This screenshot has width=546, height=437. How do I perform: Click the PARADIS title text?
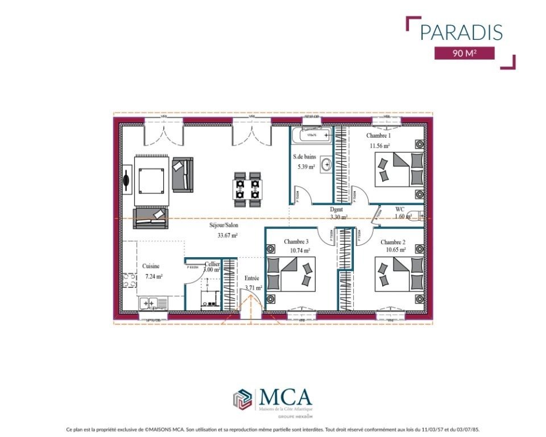coord(461,32)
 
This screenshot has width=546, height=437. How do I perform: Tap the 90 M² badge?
coord(464,53)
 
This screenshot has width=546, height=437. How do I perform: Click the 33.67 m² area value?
coord(227,235)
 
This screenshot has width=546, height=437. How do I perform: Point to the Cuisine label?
coord(151,266)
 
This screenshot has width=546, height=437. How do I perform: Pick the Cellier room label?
coord(212,264)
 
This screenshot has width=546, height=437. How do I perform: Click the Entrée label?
coord(252,278)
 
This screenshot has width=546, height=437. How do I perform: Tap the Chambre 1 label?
coord(378,136)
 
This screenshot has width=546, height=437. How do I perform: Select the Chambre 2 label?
coord(393,242)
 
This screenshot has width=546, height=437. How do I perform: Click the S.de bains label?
coord(304,156)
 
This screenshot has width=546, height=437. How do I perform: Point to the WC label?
coord(400,209)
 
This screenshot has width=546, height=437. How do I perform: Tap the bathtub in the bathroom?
coord(311,135)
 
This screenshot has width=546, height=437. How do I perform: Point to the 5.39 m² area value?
coord(306,167)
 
